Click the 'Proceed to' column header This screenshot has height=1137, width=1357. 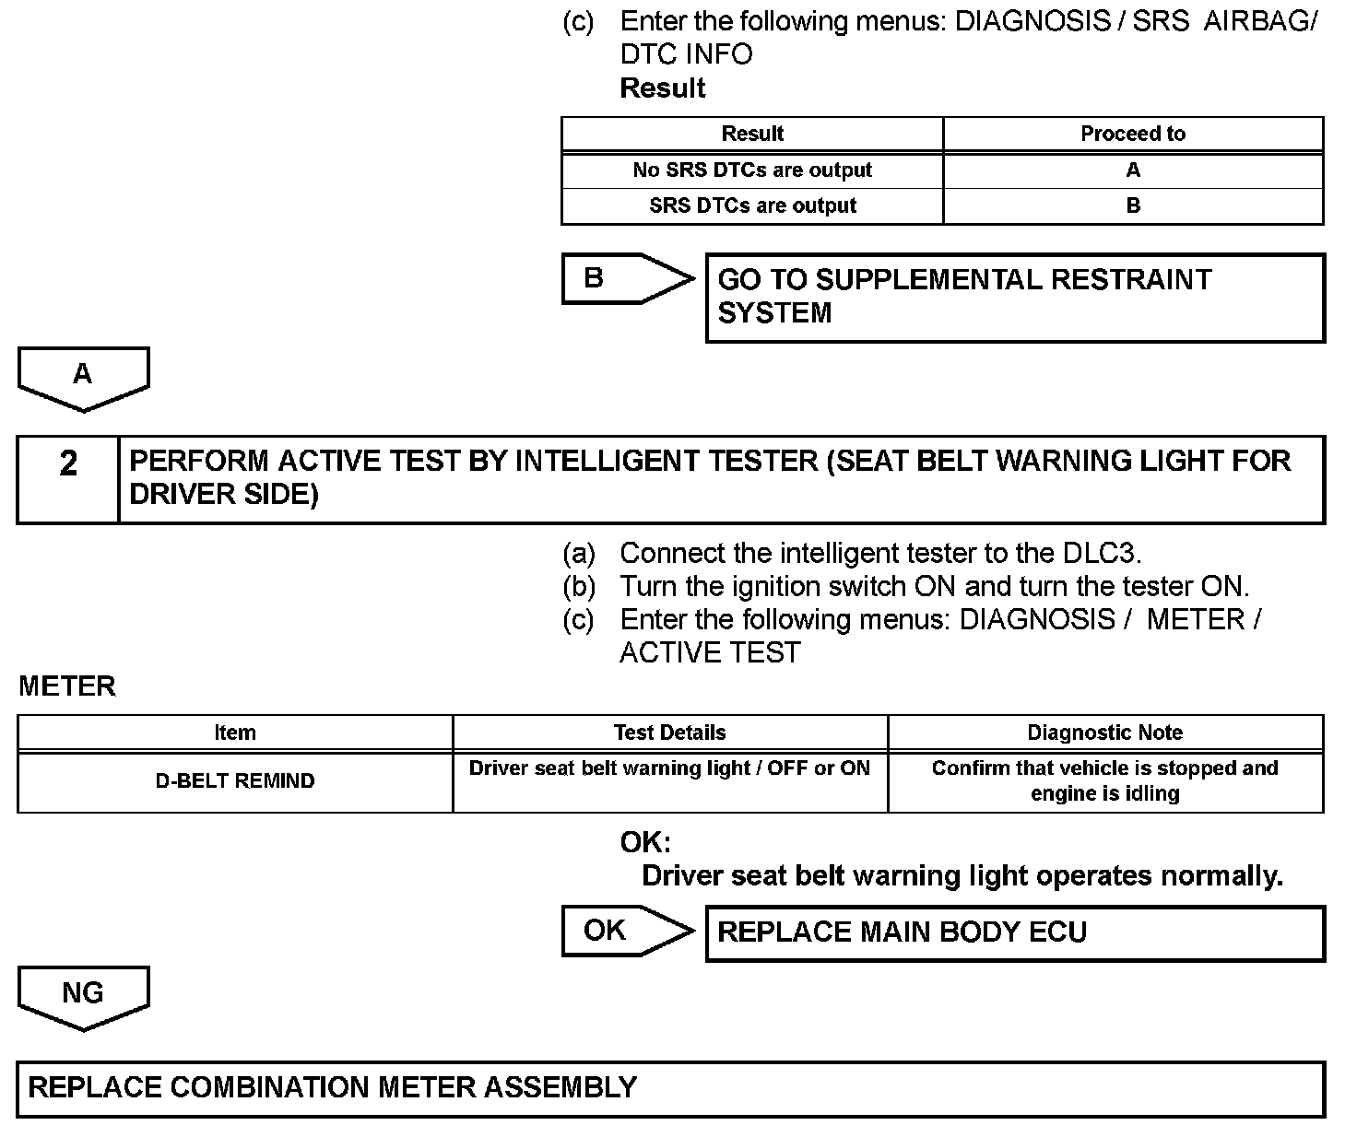(1132, 134)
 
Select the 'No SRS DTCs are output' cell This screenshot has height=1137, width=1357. (752, 170)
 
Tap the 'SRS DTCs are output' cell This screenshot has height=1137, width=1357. (752, 206)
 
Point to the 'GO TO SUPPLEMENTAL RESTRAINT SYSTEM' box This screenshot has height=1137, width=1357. (1014, 298)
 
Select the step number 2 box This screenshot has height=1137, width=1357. (68, 479)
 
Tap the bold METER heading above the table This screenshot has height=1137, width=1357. (67, 686)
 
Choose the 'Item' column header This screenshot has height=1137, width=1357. (235, 733)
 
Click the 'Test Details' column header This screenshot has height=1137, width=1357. (670, 733)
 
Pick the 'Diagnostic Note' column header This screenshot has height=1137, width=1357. (1105, 733)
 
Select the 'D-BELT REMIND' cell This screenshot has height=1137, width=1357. (235, 781)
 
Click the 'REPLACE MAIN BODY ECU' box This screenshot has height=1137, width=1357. (1014, 932)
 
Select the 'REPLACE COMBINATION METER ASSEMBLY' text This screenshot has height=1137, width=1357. (333, 1087)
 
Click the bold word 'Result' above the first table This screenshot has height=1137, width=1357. (663, 88)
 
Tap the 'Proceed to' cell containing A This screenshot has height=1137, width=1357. (1132, 170)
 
